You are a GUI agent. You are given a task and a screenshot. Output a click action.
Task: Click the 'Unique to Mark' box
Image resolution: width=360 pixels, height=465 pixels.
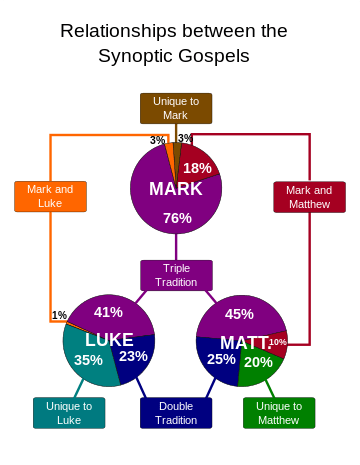(x=176, y=108)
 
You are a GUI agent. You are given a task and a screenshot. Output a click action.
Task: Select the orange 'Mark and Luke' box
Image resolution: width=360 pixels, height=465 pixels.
(x=50, y=196)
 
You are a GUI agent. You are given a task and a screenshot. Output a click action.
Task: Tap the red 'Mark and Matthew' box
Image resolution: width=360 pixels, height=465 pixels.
(x=309, y=196)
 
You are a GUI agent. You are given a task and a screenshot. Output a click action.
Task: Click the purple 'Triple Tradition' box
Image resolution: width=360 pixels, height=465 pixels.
(x=176, y=275)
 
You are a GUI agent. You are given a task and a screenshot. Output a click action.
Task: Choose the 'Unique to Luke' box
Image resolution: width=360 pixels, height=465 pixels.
(x=69, y=413)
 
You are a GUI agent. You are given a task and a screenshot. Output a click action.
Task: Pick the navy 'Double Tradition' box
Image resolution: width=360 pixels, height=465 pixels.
(x=176, y=413)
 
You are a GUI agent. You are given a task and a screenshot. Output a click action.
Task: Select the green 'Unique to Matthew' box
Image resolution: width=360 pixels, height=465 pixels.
(x=279, y=413)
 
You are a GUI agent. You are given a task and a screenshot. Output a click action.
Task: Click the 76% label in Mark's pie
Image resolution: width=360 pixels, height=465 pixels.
(x=177, y=218)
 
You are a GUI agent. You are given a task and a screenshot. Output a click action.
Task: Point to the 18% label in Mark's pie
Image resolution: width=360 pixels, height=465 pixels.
(x=197, y=168)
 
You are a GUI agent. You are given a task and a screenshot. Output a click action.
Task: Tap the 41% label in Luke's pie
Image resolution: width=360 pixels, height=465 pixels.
(x=108, y=312)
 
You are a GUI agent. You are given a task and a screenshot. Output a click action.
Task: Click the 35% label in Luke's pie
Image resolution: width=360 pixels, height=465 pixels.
(x=88, y=360)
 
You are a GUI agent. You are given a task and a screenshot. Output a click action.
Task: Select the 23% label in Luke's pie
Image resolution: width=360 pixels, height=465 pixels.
(x=133, y=356)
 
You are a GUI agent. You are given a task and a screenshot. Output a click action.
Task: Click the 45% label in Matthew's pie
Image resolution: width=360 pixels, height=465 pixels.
(x=239, y=313)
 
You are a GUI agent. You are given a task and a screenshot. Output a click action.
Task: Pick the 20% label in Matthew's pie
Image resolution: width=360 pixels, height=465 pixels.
(x=258, y=362)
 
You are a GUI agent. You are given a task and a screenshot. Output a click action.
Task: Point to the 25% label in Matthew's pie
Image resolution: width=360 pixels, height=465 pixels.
(x=221, y=359)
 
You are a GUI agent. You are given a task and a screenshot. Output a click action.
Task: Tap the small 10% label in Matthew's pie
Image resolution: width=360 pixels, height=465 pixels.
(x=277, y=342)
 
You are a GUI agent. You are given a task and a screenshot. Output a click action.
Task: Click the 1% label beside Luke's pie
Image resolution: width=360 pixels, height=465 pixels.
(x=59, y=316)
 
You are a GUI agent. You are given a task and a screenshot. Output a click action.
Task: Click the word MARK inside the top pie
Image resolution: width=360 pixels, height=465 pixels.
(x=176, y=189)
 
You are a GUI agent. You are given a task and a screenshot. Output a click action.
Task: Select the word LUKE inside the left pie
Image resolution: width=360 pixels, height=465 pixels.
(x=109, y=340)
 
